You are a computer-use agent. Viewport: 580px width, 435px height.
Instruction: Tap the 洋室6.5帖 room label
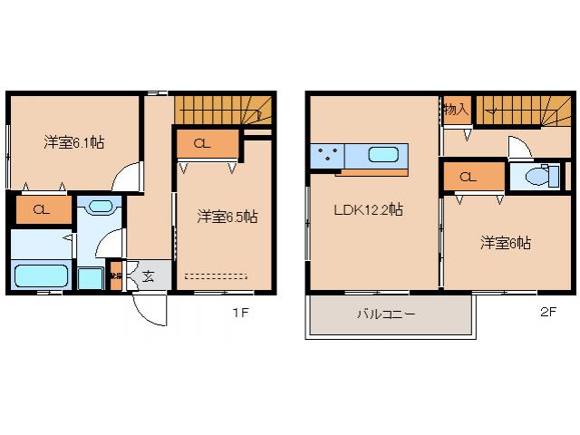tap(227, 217)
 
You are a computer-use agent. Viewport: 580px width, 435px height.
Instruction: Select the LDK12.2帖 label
tap(368, 209)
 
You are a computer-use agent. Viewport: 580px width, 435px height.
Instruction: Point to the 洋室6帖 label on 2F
tap(506, 243)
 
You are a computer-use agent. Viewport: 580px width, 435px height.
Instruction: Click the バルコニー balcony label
tap(385, 315)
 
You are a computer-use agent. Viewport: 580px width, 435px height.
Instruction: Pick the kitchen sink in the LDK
tap(383, 154)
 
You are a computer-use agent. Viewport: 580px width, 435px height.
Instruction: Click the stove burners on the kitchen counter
tap(325, 156)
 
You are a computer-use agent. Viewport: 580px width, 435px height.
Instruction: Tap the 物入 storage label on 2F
tap(456, 110)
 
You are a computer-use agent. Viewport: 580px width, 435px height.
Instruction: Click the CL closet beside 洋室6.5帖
tap(204, 142)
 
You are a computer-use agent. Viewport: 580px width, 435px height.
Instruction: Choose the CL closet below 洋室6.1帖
tap(41, 210)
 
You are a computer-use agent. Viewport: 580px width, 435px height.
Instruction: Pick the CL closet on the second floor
tap(468, 177)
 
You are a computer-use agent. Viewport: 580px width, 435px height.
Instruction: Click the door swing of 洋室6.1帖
tap(130, 178)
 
